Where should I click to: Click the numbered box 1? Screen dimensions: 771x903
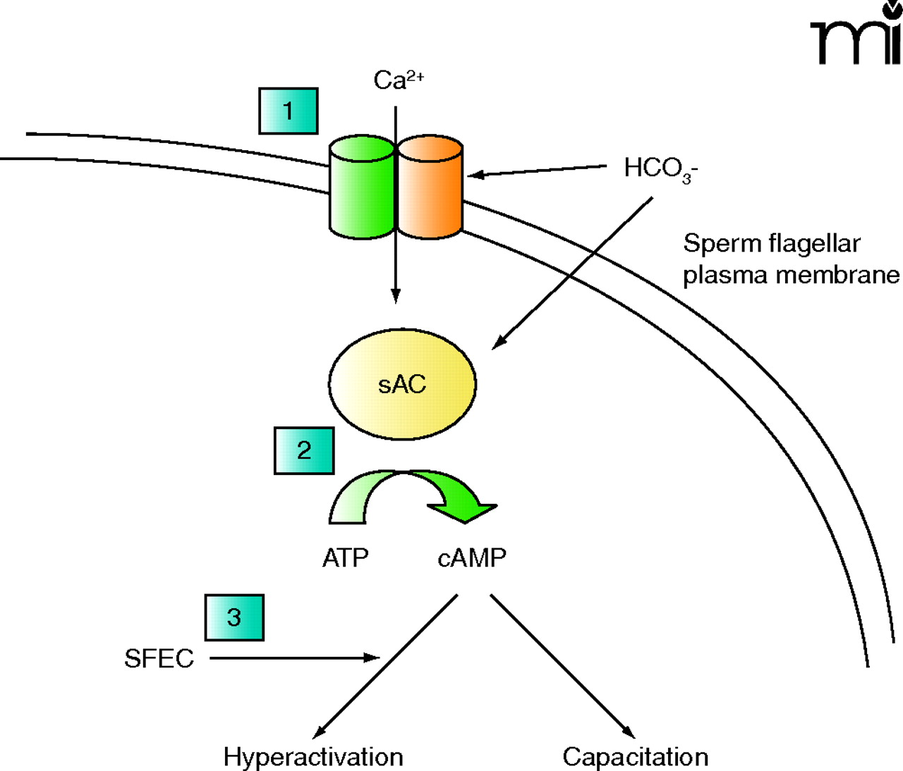(x=288, y=111)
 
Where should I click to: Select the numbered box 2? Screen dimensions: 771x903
(x=303, y=450)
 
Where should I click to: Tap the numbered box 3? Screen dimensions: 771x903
(x=234, y=617)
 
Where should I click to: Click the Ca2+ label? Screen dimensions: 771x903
(x=398, y=80)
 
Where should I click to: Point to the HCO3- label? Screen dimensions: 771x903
(x=660, y=168)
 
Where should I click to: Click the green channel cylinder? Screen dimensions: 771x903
(x=362, y=187)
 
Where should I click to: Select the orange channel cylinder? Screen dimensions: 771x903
(x=430, y=187)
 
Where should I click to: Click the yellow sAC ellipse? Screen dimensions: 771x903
(x=402, y=384)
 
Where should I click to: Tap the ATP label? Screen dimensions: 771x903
(x=345, y=558)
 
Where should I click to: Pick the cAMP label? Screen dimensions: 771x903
(x=472, y=558)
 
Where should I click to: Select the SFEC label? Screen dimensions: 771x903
(x=159, y=659)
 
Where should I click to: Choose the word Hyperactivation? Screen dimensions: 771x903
(x=313, y=757)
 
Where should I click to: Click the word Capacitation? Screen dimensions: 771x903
(x=635, y=757)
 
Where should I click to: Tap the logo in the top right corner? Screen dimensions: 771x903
(x=856, y=35)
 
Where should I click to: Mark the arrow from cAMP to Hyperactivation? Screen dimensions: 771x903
(x=385, y=666)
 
